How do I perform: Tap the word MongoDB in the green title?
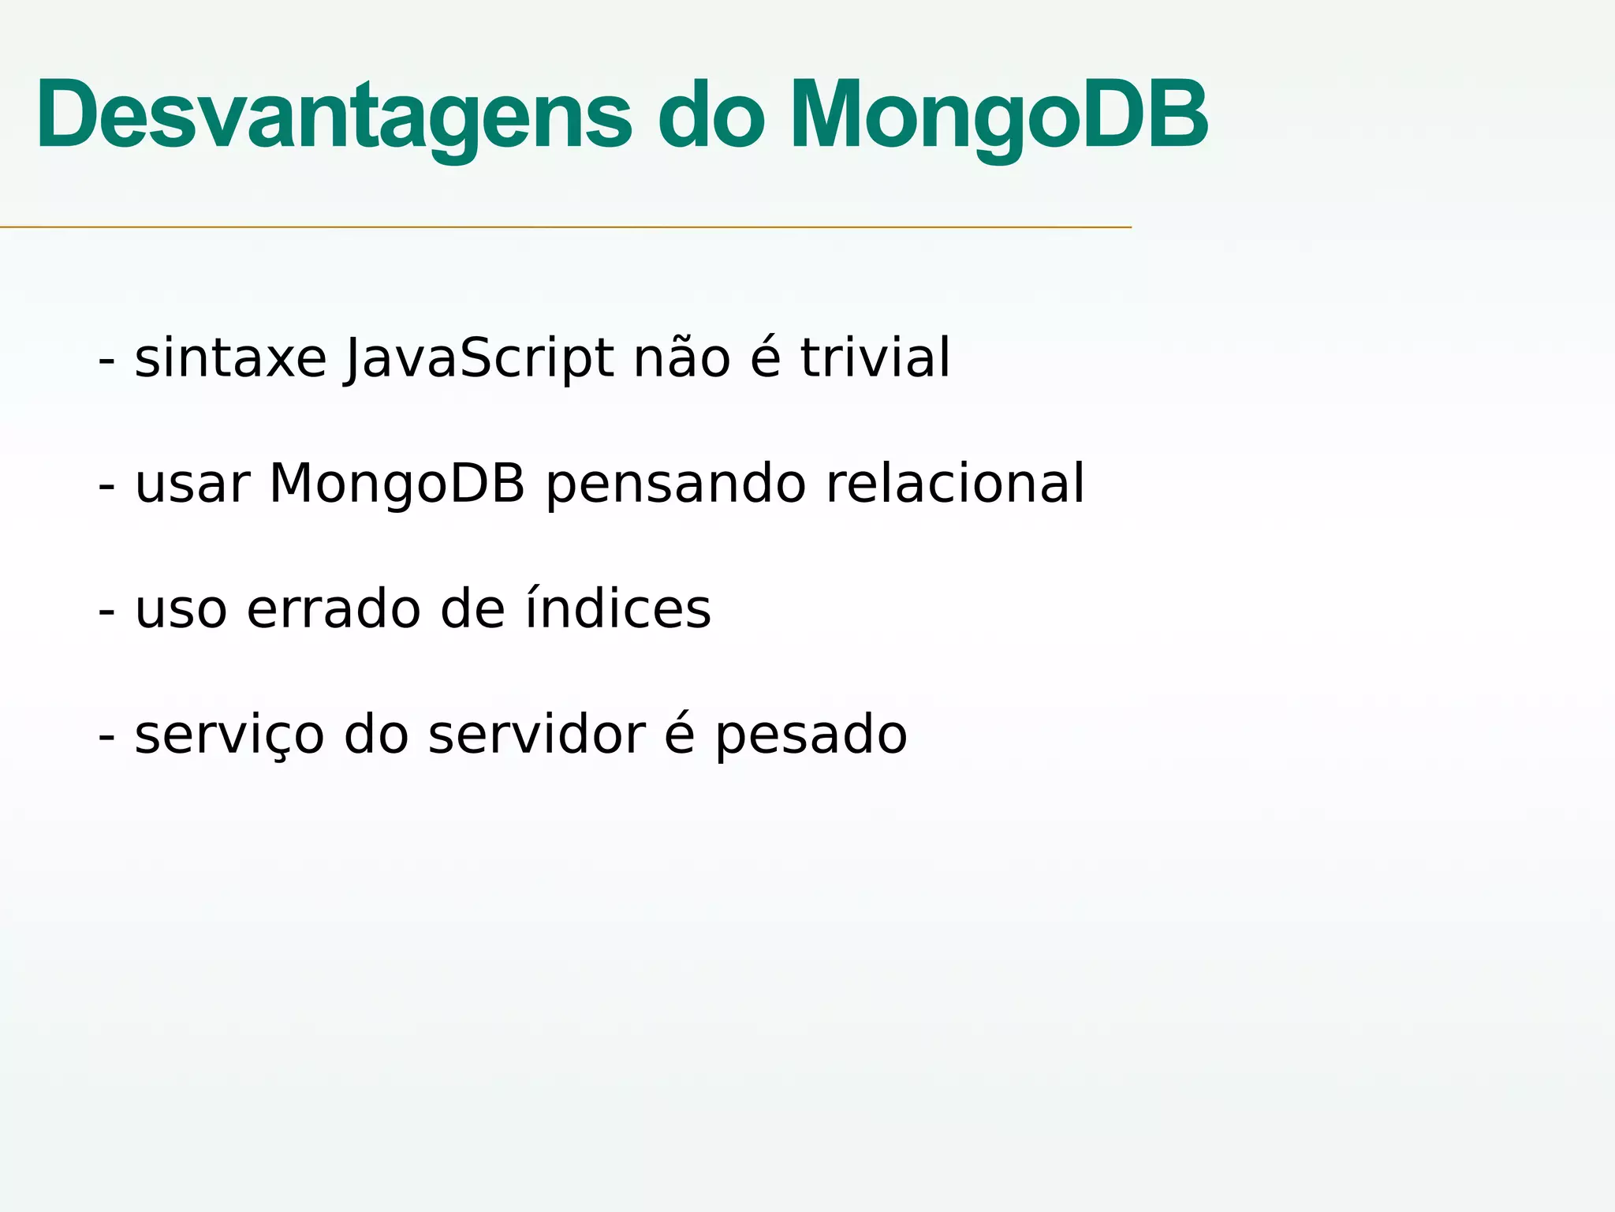click(x=1000, y=116)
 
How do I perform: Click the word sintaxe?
click(x=230, y=359)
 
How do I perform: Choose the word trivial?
click(x=875, y=358)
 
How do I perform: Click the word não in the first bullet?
click(x=682, y=360)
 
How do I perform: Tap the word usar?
click(x=192, y=484)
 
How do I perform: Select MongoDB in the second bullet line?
click(x=397, y=484)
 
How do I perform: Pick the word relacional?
click(x=955, y=484)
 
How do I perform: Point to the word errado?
click(x=334, y=610)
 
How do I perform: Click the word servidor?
click(x=536, y=735)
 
